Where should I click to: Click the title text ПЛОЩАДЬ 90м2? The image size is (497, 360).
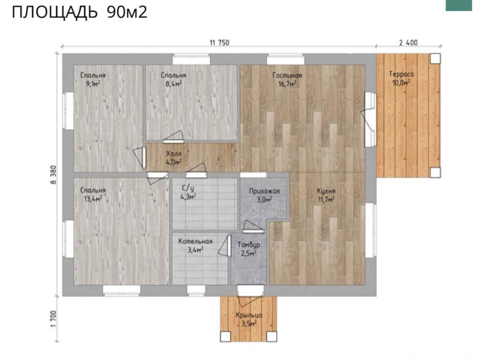coord(80,12)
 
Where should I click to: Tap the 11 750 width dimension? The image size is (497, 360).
coord(219,42)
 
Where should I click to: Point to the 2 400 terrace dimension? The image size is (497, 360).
coord(408,42)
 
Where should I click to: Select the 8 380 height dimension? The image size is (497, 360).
coord(53,174)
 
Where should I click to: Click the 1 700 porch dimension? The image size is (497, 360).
coord(53,319)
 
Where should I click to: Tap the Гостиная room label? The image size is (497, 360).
coord(287,75)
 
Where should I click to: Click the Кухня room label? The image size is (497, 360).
coord(326,191)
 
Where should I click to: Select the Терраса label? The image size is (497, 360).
coord(401,74)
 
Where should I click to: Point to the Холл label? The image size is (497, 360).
coord(173,154)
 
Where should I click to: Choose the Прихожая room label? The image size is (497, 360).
coord(264,191)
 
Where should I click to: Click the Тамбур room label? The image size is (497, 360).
coord(249,245)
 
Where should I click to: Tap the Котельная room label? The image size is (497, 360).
coord(195,241)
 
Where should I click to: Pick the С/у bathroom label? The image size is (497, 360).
coord(188,188)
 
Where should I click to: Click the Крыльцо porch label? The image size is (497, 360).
coord(249,315)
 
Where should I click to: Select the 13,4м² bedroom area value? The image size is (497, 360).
coord(93,199)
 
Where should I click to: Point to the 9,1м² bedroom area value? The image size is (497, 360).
coord(93,84)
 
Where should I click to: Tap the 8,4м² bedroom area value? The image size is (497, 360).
coord(173,84)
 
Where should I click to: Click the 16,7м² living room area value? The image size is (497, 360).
coord(287,84)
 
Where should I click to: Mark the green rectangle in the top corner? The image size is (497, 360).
coord(459,5)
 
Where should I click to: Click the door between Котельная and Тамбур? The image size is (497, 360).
coord(225,246)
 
